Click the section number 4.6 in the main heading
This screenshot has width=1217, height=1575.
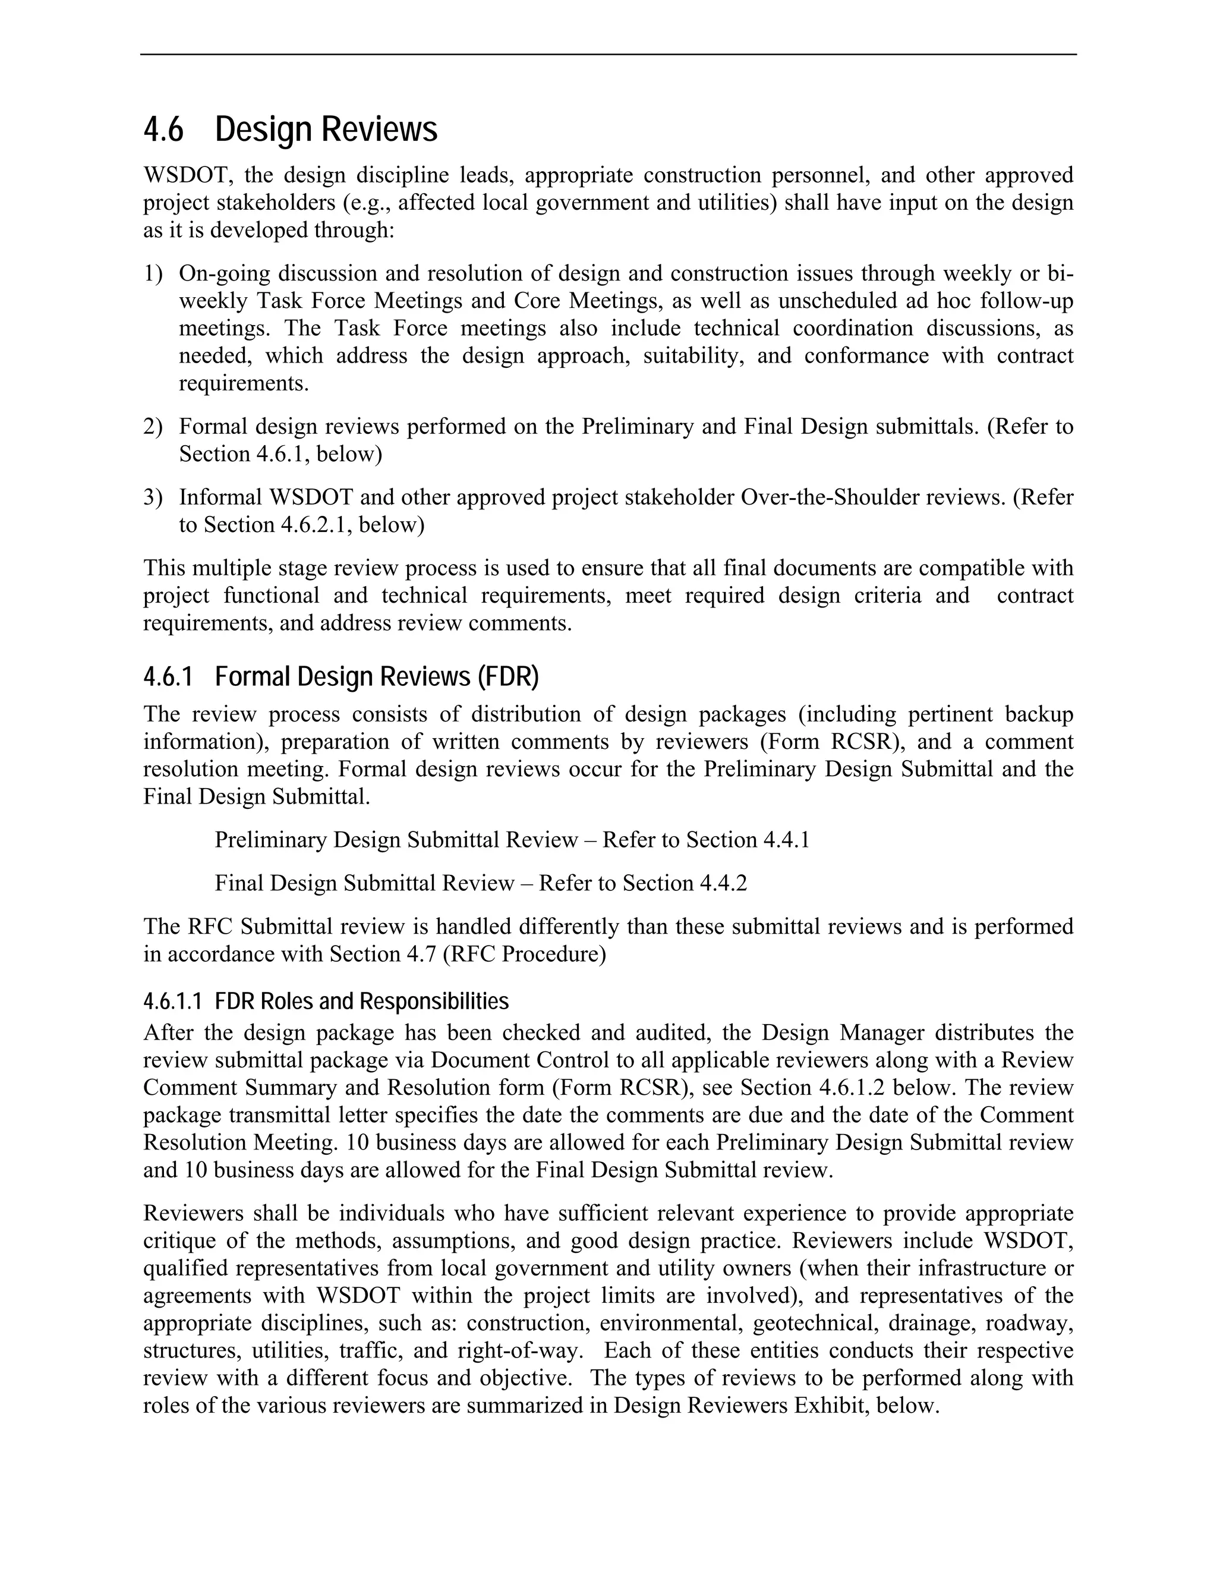[x=163, y=130]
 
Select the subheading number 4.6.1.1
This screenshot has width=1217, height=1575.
[x=172, y=1001]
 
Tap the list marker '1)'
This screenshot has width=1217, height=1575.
[x=153, y=273]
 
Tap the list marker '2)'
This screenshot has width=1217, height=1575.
[x=153, y=426]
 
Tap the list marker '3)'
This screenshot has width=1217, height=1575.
[x=153, y=497]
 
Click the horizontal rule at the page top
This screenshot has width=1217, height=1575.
[x=608, y=54]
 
